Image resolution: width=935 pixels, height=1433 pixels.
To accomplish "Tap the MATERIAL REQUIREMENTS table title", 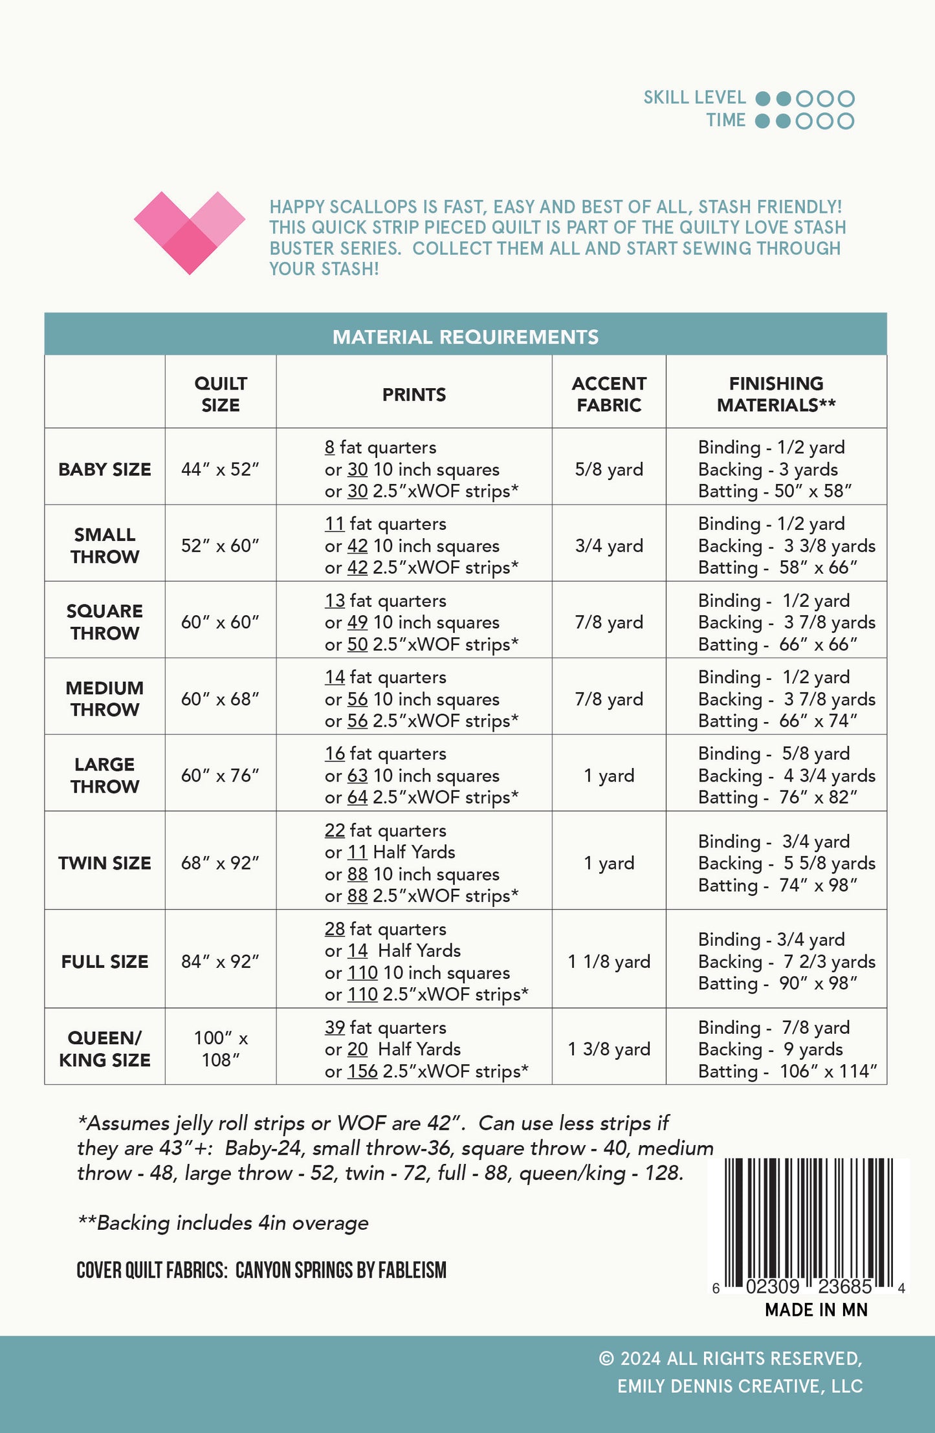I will (x=465, y=336).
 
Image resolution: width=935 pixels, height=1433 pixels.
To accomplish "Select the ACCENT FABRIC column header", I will (x=609, y=394).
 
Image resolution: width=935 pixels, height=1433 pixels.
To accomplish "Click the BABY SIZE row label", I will (x=105, y=469).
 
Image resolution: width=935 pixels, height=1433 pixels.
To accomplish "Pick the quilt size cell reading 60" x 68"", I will (x=220, y=699).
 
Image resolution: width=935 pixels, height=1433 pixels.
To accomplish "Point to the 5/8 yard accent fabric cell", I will (x=609, y=469).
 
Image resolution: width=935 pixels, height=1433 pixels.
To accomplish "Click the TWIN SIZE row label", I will (x=105, y=863).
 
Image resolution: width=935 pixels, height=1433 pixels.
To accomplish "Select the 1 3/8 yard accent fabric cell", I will (x=609, y=1049).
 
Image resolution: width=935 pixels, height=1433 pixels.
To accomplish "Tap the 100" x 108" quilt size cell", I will (x=221, y=1049).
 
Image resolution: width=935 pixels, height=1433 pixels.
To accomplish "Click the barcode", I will (x=809, y=1222).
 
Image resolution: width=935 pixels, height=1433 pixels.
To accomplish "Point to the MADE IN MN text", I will (x=816, y=1310).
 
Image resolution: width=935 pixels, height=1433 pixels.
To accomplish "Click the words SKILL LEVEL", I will (x=694, y=98).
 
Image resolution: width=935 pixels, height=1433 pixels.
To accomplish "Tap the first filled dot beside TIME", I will (x=763, y=121).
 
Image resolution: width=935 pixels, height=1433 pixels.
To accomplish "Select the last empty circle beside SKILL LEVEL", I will (x=846, y=98).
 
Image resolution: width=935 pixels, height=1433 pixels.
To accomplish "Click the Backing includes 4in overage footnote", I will (x=223, y=1223).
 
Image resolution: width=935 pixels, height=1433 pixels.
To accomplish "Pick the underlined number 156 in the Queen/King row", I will (x=362, y=1071).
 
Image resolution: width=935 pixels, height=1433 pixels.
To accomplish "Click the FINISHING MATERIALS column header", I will (x=776, y=394).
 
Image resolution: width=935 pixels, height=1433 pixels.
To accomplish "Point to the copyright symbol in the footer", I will (x=606, y=1359).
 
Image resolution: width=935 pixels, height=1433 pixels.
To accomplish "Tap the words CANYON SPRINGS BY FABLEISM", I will (x=341, y=1270).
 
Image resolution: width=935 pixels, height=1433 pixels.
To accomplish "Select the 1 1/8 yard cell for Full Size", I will (x=609, y=961).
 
